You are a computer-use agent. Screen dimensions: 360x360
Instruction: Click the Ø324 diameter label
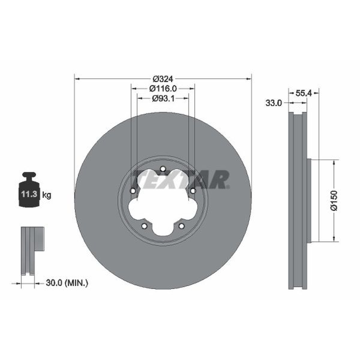pos(163,79)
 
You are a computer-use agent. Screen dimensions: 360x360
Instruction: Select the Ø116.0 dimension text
pos(163,88)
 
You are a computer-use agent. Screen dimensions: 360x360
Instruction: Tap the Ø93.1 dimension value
pos(163,99)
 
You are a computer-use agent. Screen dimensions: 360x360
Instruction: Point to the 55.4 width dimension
pos(303,93)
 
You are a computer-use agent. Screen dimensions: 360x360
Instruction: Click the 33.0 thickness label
pos(274,103)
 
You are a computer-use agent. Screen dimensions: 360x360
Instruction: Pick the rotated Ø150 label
pos(333,200)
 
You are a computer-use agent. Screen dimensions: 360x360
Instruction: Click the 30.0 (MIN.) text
pos(67,283)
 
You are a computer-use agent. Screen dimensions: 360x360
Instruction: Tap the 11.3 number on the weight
pos(29,194)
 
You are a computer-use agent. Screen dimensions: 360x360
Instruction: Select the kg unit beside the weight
pos(47,195)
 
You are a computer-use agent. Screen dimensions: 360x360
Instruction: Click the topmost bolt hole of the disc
pos(163,169)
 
